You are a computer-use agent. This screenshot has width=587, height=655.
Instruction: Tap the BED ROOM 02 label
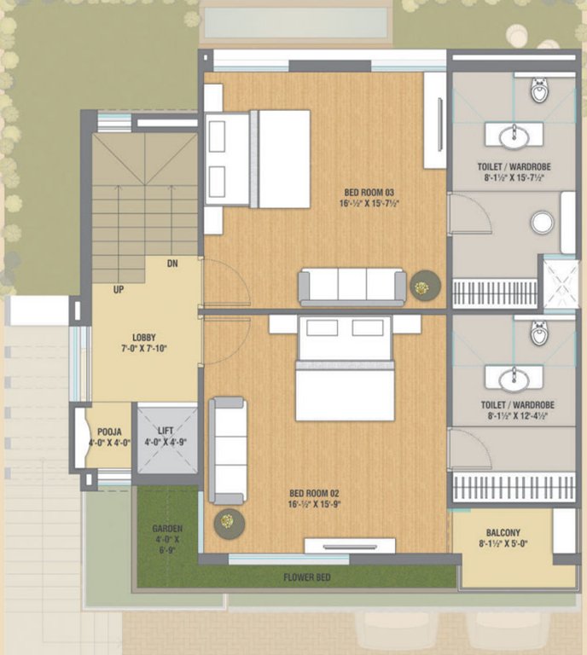click(x=315, y=493)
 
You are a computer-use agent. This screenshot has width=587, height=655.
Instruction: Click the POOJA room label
click(x=108, y=432)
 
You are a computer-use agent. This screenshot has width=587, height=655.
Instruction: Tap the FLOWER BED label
click(x=307, y=577)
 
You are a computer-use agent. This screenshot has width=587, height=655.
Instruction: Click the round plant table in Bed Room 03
click(x=422, y=286)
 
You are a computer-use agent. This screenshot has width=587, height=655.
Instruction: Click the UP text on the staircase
click(x=119, y=290)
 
